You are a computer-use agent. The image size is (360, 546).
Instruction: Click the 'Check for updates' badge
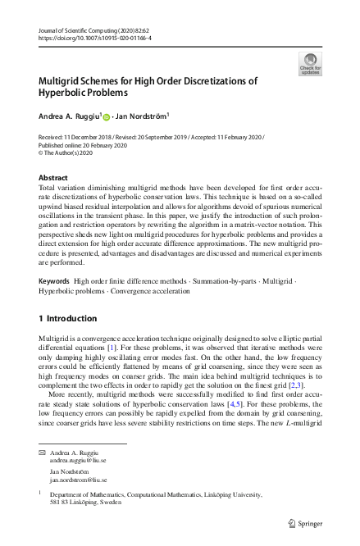tap(310, 63)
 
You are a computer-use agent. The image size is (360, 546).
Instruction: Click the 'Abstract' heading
tap(55, 177)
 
